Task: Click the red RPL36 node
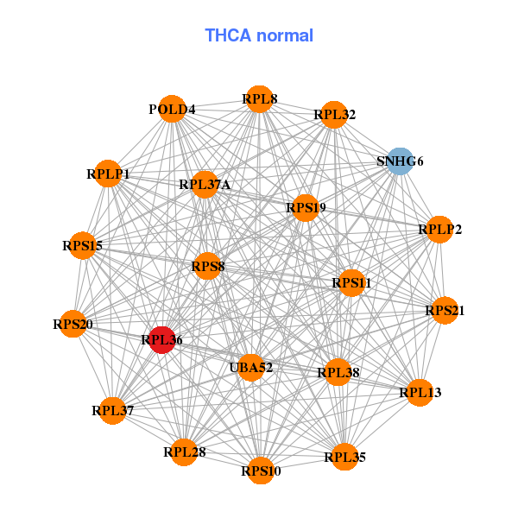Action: (x=162, y=340)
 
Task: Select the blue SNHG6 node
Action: (x=400, y=161)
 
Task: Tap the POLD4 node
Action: (x=172, y=109)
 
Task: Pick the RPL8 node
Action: (x=260, y=98)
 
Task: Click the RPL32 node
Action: (x=334, y=115)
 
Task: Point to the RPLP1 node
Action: (x=108, y=174)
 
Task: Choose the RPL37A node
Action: (x=205, y=185)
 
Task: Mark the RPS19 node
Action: (x=306, y=208)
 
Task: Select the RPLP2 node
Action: (x=439, y=230)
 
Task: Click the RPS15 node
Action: (x=83, y=245)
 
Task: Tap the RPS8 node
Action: (x=207, y=266)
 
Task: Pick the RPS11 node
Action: (x=351, y=283)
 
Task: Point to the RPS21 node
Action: (x=445, y=310)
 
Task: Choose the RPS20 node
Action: (x=73, y=324)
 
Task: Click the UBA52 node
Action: (x=251, y=368)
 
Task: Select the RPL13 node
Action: (x=420, y=393)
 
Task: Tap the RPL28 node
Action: (x=185, y=452)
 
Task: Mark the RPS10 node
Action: (x=261, y=471)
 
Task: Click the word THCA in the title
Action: (x=228, y=35)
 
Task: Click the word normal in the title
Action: (x=285, y=35)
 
